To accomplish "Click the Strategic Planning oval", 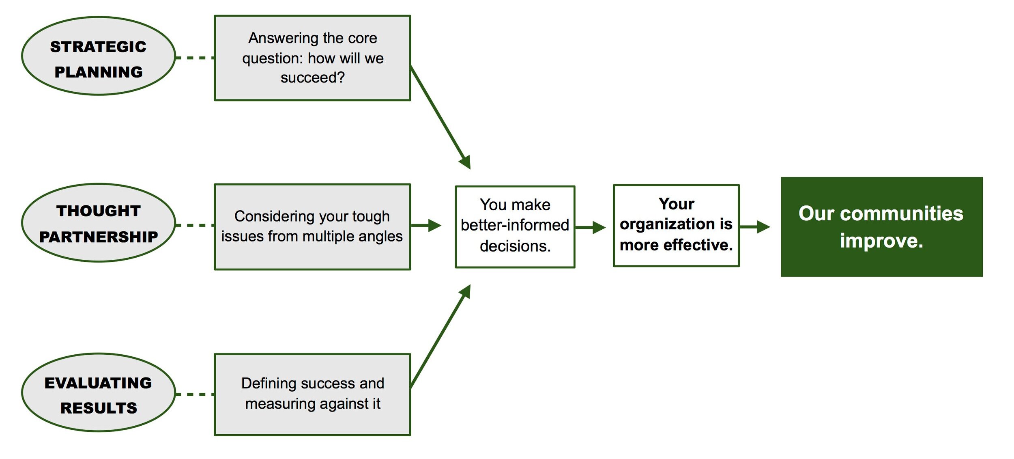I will pos(99,56).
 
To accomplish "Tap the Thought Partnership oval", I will pos(99,223).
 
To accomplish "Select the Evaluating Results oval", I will pos(99,392).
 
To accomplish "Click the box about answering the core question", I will pos(312,58).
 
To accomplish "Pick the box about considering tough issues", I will pos(312,227).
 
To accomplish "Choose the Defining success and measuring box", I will pos(312,394).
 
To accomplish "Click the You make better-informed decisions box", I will pos(515,227).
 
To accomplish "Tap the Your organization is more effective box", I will pos(676,226).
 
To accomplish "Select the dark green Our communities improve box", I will pos(881,227).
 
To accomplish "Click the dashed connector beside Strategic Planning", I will pos(195,58).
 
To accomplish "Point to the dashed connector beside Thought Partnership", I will pos(195,225).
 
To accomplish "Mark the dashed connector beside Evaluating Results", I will pos(195,394).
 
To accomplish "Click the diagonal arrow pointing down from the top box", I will pos(440,117).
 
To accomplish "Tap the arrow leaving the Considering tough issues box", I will pos(426,225).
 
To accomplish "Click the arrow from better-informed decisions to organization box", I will pos(590,227).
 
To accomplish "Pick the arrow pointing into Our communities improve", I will pos(754,227).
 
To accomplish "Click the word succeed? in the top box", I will pos(312,78).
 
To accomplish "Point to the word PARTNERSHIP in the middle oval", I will pos(99,237).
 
